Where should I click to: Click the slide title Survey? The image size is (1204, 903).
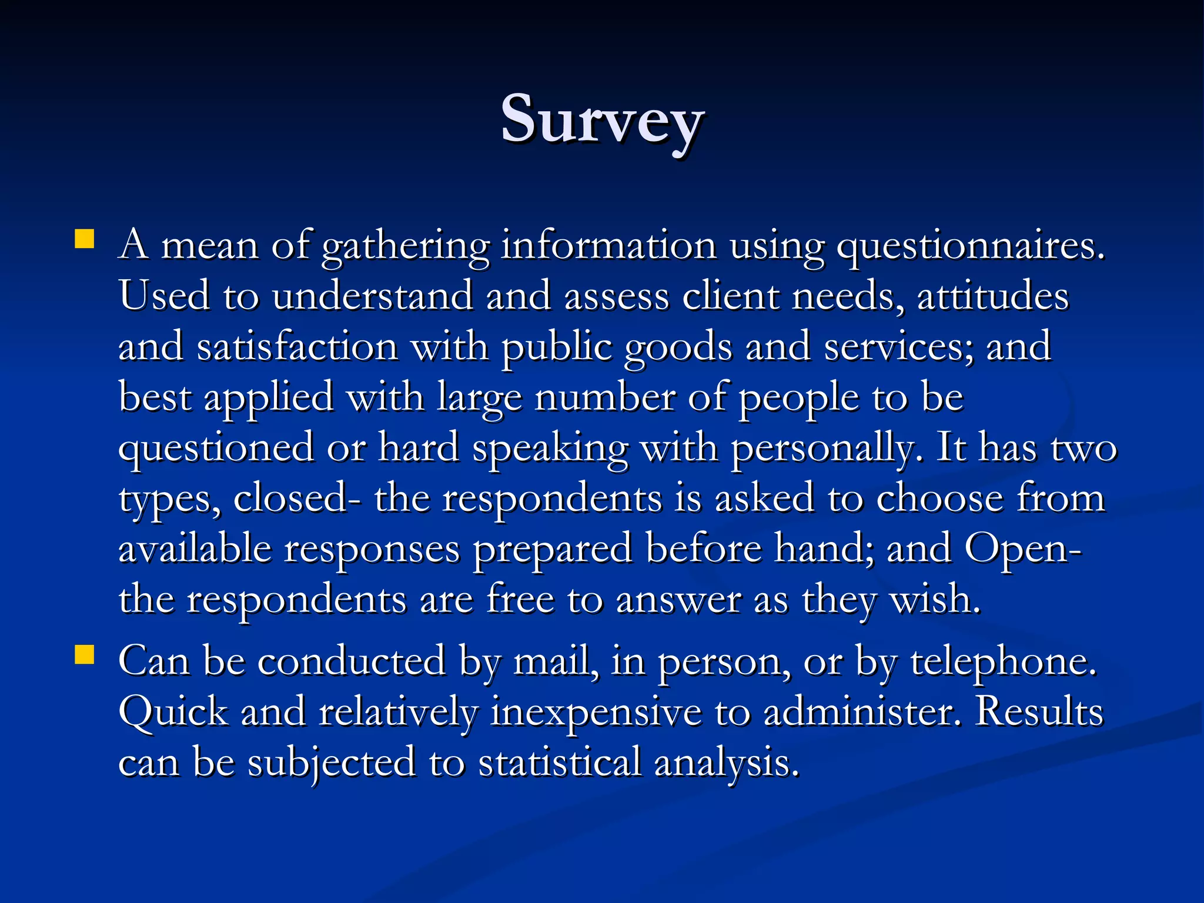point(602,120)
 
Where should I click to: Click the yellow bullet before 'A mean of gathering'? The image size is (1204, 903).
point(85,239)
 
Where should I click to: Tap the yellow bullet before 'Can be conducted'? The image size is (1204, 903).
point(85,655)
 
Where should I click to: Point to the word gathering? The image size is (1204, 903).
point(406,246)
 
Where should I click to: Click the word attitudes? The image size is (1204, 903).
point(992,296)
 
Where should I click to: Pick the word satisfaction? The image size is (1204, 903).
point(297,346)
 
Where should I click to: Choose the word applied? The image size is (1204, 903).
point(269,397)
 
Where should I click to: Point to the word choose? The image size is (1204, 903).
point(939,498)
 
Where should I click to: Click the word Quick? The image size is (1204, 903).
point(173,712)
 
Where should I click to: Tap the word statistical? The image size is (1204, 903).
point(559,762)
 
